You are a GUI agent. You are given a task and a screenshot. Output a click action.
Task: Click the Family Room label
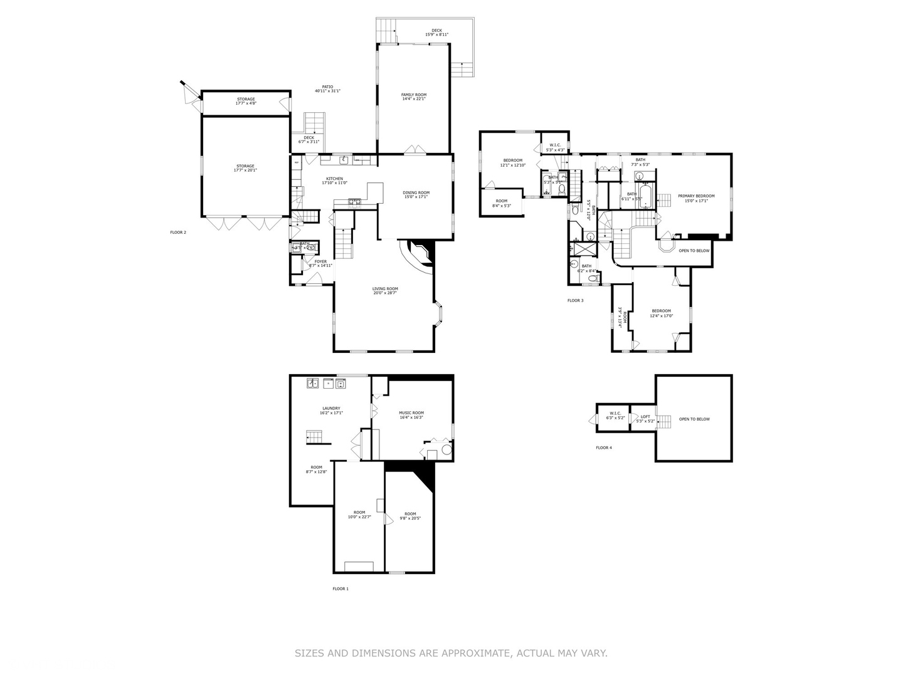pyautogui.click(x=414, y=97)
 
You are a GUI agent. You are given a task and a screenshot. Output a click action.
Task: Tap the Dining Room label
pyautogui.click(x=416, y=194)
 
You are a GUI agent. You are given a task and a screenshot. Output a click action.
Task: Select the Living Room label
pyautogui.click(x=385, y=291)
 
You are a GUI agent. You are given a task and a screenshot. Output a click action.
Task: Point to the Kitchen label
pyautogui.click(x=334, y=181)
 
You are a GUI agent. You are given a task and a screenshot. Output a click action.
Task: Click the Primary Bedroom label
pyautogui.click(x=696, y=198)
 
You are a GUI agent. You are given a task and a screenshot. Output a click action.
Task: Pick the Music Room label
pyautogui.click(x=411, y=415)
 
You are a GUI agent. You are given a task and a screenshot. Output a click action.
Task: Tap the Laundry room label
pyautogui.click(x=331, y=411)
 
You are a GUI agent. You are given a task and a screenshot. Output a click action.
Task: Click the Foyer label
pyautogui.click(x=320, y=263)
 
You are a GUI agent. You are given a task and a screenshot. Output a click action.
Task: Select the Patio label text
pyautogui.click(x=327, y=88)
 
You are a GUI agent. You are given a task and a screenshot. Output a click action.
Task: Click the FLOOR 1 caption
pyautogui.click(x=341, y=589)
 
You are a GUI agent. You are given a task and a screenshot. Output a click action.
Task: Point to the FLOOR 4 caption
pyautogui.click(x=604, y=448)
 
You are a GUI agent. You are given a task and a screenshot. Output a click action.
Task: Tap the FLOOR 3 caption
pyautogui.click(x=576, y=300)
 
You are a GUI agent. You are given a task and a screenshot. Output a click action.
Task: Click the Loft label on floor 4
pyautogui.click(x=645, y=419)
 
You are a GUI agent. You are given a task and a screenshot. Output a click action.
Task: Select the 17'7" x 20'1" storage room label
pyautogui.click(x=245, y=168)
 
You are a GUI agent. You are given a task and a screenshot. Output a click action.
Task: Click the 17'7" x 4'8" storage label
pyautogui.click(x=245, y=101)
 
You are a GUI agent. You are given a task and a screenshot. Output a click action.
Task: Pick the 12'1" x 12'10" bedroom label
pyautogui.click(x=512, y=162)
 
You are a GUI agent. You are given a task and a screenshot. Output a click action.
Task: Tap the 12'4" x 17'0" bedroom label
pyautogui.click(x=661, y=313)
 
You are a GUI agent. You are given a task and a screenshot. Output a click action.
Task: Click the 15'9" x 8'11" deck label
pyautogui.click(x=436, y=33)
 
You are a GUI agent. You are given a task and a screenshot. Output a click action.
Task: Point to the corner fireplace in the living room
pyautogui.click(x=419, y=254)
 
